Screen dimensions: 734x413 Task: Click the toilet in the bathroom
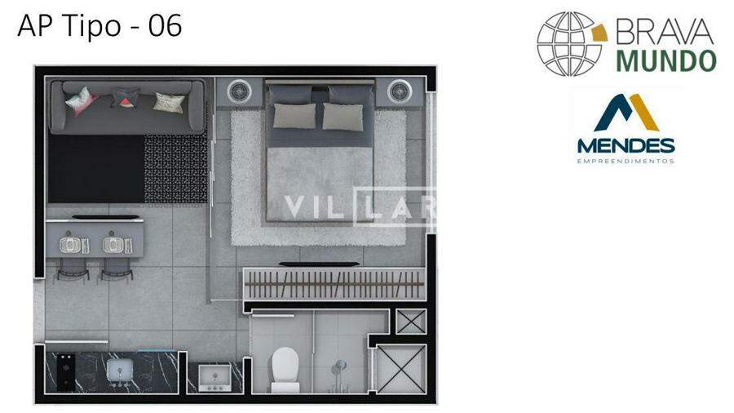tap(285, 370)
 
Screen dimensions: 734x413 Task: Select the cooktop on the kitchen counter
tap(66, 372)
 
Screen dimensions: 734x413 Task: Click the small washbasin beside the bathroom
tap(214, 377)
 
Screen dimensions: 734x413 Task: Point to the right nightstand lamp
tap(400, 91)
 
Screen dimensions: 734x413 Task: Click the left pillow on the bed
tap(294, 116)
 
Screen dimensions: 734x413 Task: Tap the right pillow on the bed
tap(343, 117)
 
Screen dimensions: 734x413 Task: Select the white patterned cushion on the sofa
tap(169, 103)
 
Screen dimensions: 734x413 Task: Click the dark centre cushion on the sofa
tap(125, 98)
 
